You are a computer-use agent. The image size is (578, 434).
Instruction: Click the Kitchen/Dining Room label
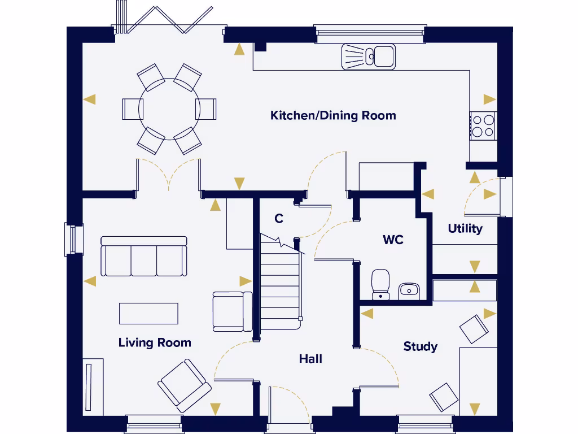(333, 115)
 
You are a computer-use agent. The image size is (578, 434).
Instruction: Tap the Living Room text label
(155, 342)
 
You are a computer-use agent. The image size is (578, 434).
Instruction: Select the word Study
(420, 346)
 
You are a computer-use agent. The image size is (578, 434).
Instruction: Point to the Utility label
(465, 228)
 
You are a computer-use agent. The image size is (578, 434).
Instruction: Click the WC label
(393, 240)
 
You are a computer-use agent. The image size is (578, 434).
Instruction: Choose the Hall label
(310, 358)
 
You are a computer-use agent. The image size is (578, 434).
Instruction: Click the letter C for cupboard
(278, 219)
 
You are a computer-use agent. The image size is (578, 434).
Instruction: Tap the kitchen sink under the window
(368, 57)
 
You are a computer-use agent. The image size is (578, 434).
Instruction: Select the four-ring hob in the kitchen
(483, 125)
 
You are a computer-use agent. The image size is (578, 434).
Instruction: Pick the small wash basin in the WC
(409, 291)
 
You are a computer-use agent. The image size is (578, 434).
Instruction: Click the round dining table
(169, 108)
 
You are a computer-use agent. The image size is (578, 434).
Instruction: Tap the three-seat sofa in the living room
(143, 257)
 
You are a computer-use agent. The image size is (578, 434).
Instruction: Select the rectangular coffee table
(148, 314)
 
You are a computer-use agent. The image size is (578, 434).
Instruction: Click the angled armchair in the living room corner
(184, 385)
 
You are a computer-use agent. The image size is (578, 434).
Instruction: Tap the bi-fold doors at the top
(164, 20)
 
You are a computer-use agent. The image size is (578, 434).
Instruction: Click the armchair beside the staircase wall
(231, 311)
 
